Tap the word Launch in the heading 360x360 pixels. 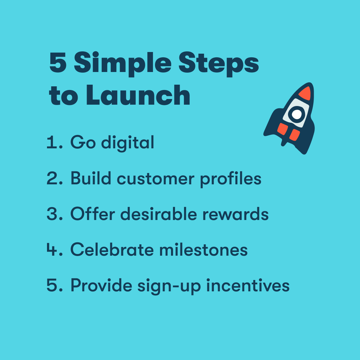pos(138,95)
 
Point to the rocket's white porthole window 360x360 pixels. pos(296,114)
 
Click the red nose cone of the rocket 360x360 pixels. pos(305,93)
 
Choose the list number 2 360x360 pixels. pos(53,179)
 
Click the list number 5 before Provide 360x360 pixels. pos(53,286)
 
